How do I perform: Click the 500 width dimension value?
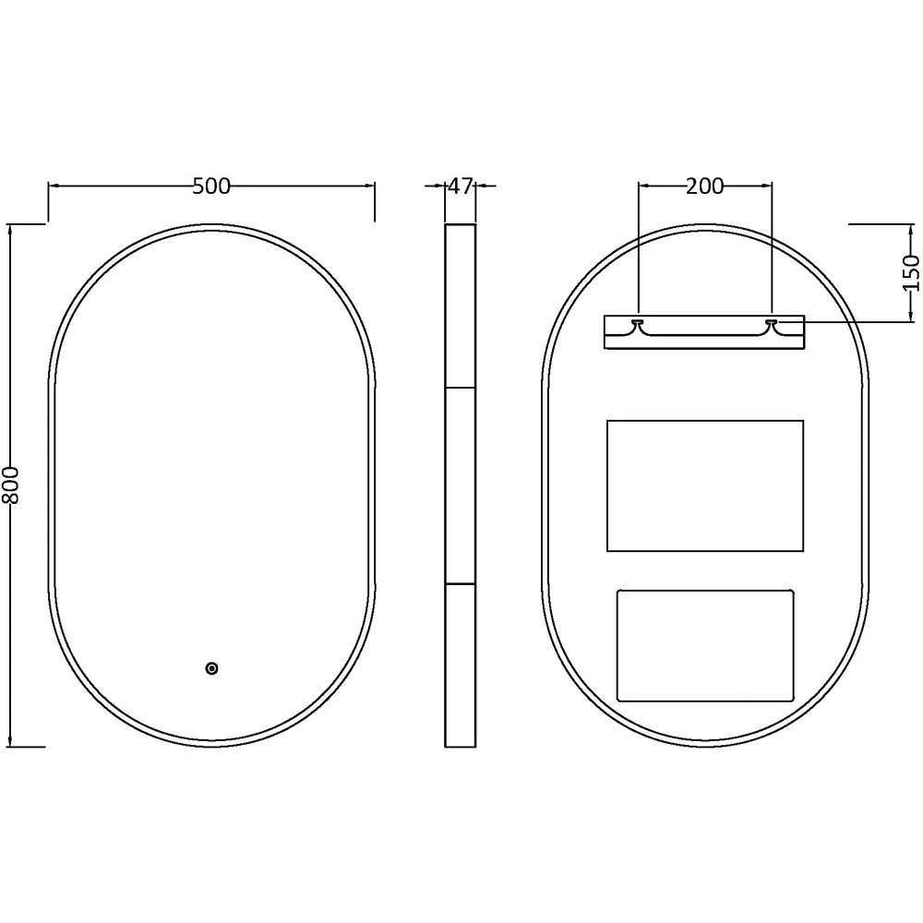coord(211,186)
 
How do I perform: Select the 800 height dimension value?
coord(11,484)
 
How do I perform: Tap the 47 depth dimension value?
coord(460,186)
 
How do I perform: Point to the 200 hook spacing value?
coord(704,186)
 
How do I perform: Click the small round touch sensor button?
coord(211,667)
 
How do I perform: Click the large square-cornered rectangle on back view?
coord(704,485)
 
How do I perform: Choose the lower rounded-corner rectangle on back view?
coord(704,644)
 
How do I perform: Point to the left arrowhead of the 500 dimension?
coord(54,186)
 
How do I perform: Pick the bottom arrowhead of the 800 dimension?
coord(11,739)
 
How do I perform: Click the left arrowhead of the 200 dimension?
coord(643,186)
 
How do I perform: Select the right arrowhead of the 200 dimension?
coord(766,186)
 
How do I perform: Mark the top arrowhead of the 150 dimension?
coord(912,229)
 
